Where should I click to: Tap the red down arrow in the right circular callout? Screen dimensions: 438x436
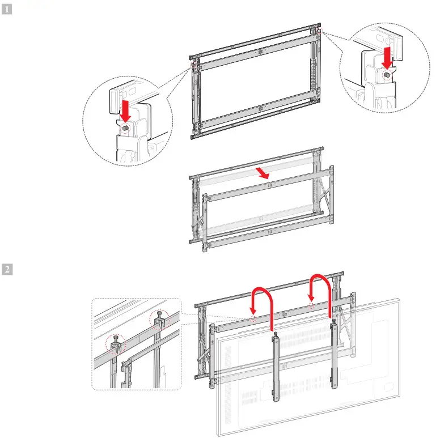click(x=388, y=57)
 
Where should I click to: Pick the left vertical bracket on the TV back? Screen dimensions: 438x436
click(x=276, y=368)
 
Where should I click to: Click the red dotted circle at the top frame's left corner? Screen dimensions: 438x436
click(x=194, y=64)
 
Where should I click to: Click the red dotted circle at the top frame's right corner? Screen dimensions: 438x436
click(x=319, y=31)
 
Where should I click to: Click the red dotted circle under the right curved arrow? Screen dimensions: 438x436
click(x=311, y=305)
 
